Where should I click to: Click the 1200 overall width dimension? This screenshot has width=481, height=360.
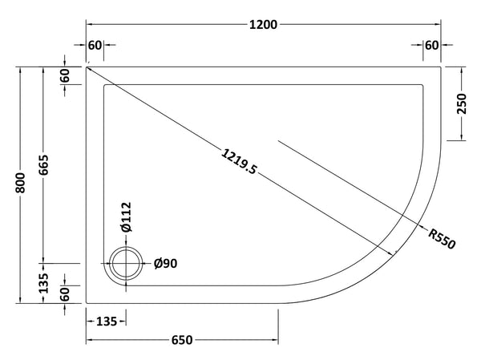(264, 24)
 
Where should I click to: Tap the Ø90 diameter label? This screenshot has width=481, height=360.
(165, 263)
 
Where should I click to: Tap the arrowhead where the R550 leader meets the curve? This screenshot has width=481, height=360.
(394, 254)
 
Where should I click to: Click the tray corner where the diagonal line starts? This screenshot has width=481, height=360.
(87, 67)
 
